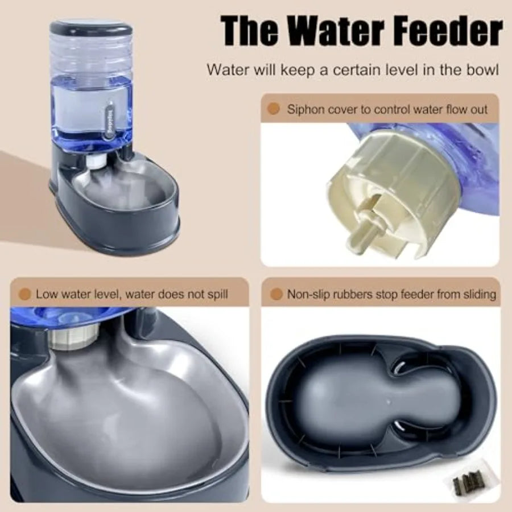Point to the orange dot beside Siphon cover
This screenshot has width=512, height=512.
coord(274,109)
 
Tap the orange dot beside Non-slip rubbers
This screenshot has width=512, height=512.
coord(276,294)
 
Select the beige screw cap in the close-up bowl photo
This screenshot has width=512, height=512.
coord(68,338)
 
